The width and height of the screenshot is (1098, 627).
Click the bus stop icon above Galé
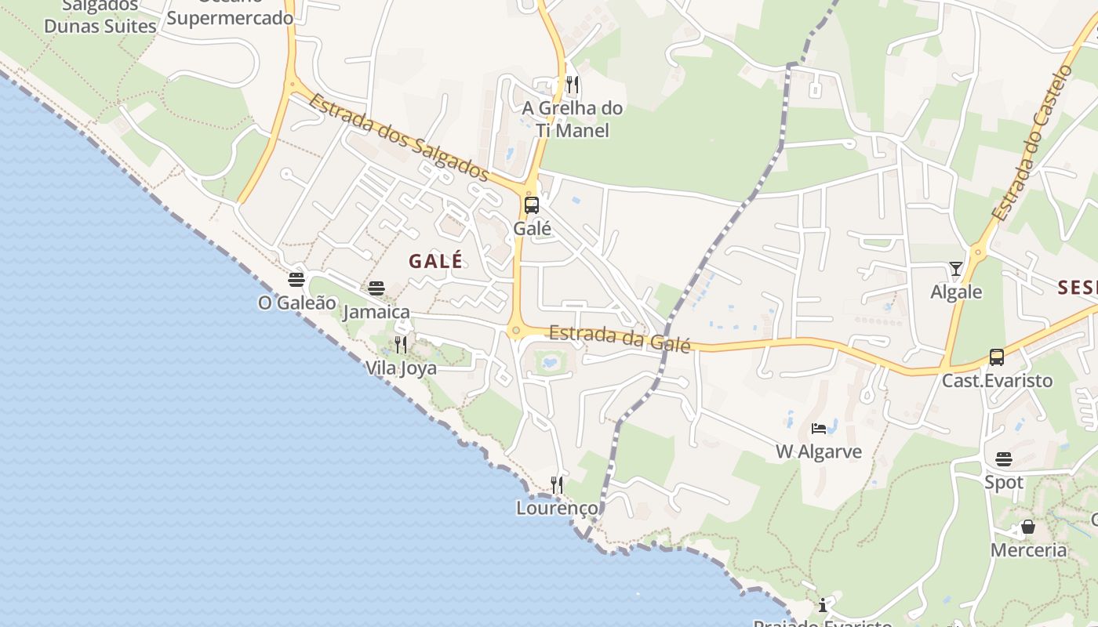(531, 205)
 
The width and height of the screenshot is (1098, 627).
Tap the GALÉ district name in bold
(435, 262)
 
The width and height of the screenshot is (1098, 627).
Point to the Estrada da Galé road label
(619, 339)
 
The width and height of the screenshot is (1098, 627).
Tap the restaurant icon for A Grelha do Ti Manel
(573, 85)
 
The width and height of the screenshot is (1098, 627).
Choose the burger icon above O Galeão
(296, 280)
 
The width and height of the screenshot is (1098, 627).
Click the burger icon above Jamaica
(376, 288)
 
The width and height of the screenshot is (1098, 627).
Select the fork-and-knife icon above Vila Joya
(401, 344)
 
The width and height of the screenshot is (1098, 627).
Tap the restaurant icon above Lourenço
(557, 485)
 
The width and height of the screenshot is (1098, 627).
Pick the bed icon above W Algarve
(819, 429)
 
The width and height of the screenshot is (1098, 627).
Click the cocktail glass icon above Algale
(955, 269)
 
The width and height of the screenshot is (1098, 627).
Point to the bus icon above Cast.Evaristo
(996, 357)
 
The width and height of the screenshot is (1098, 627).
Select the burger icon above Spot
(1004, 458)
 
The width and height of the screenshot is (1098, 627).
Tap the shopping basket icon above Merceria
(1027, 527)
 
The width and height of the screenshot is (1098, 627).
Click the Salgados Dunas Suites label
(100, 16)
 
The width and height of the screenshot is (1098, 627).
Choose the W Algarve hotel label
(819, 451)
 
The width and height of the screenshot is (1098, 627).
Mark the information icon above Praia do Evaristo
(822, 605)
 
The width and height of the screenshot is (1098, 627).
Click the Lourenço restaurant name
(557, 508)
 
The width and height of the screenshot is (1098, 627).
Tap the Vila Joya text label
(401, 368)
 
